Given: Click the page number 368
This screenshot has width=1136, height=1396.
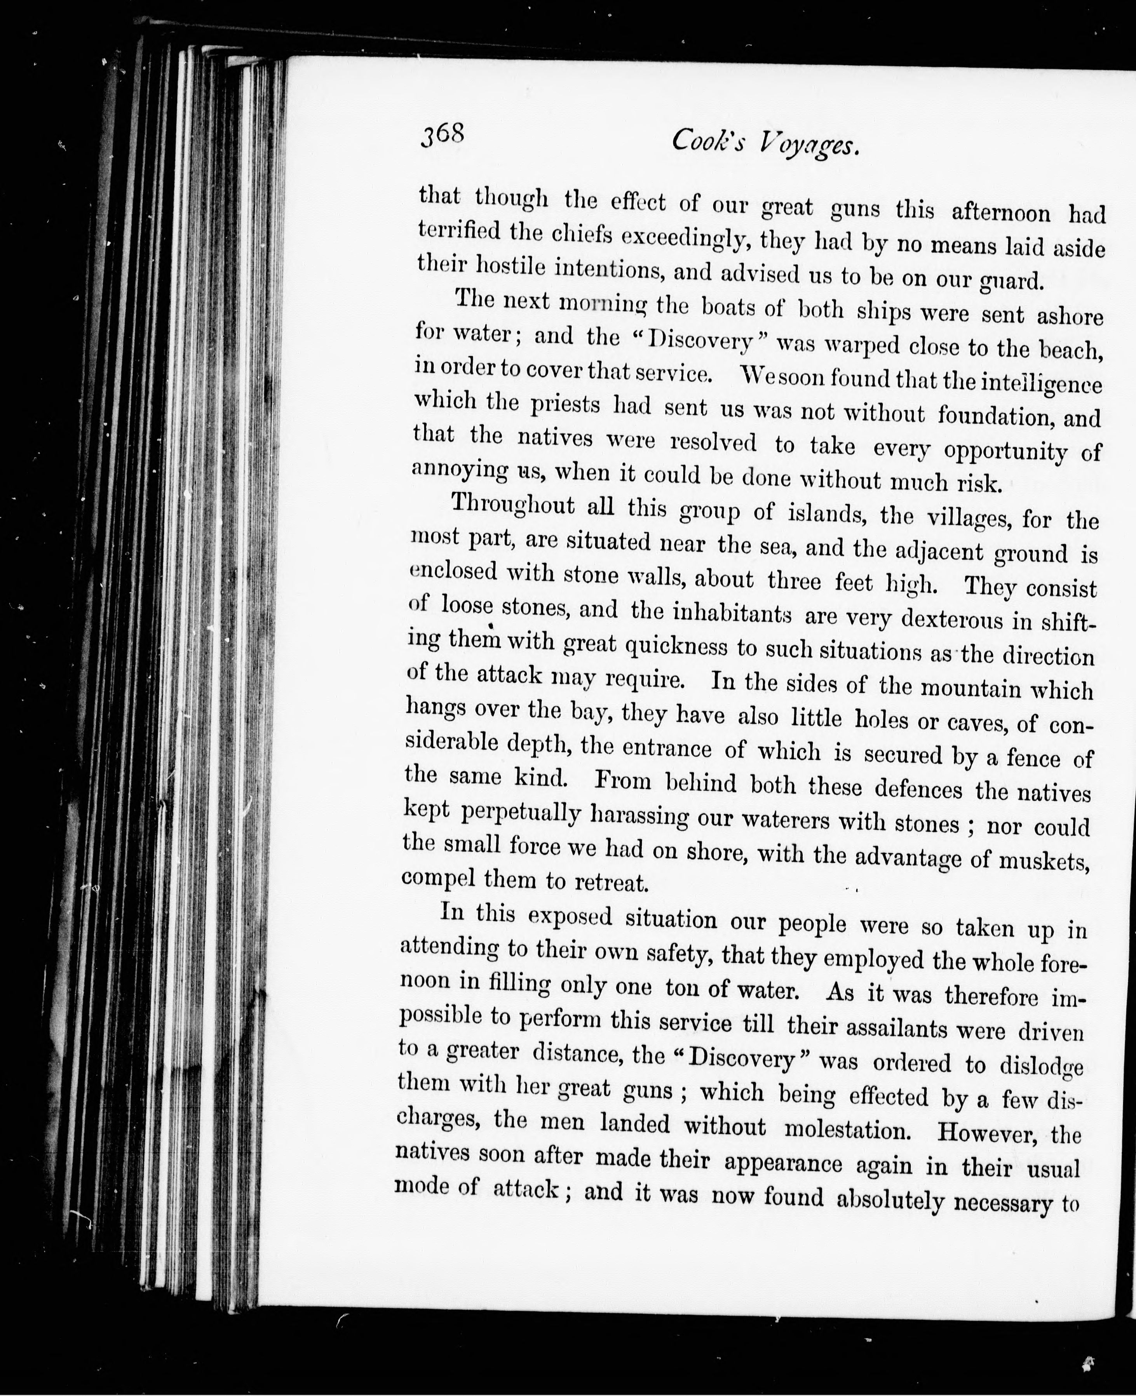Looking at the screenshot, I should pyautogui.click(x=443, y=136).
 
